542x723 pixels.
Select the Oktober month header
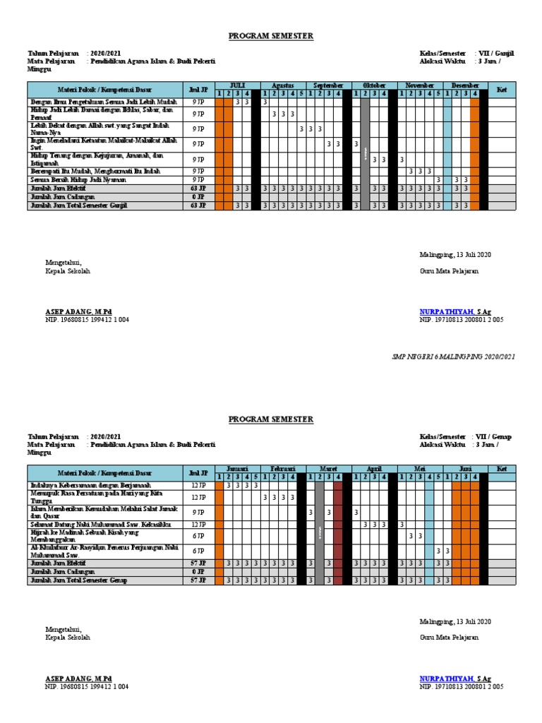tap(370, 85)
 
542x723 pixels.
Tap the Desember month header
tap(465, 85)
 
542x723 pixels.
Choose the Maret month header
tap(329, 469)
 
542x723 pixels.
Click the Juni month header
tap(465, 469)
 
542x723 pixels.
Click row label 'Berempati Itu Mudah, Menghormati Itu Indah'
tap(90, 171)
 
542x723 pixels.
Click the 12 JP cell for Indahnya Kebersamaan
tap(198, 486)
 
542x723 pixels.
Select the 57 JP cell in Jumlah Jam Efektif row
tap(198, 563)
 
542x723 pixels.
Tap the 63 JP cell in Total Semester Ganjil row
tap(198, 205)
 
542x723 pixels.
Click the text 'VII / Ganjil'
tap(495, 53)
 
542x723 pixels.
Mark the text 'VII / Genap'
tap(495, 437)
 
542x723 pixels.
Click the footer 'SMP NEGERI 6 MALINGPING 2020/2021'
tap(453, 357)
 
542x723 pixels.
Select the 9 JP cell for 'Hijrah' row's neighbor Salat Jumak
tap(198, 511)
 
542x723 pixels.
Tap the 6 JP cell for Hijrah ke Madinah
tap(198, 537)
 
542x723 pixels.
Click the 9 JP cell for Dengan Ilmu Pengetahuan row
tap(198, 102)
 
